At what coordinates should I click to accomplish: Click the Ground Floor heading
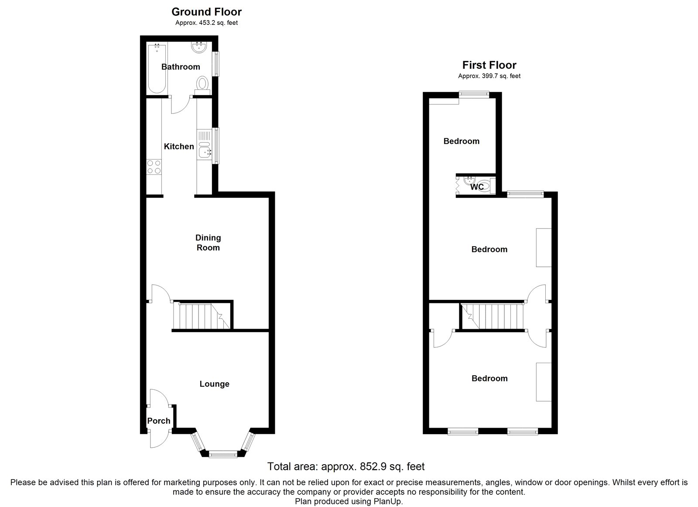click(x=206, y=12)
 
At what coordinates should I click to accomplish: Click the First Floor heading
click(x=489, y=65)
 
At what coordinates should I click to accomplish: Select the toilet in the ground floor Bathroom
click(x=202, y=83)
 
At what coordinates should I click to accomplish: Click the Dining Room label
click(x=208, y=243)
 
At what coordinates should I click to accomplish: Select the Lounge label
click(x=214, y=384)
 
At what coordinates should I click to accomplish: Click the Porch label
click(x=158, y=421)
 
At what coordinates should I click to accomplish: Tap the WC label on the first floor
click(x=477, y=187)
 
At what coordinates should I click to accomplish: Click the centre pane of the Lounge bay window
click(x=223, y=455)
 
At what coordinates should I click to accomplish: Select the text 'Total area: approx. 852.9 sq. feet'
click(x=346, y=466)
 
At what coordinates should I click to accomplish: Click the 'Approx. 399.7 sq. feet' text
click(x=489, y=76)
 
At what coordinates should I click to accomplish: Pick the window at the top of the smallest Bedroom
click(x=473, y=93)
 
